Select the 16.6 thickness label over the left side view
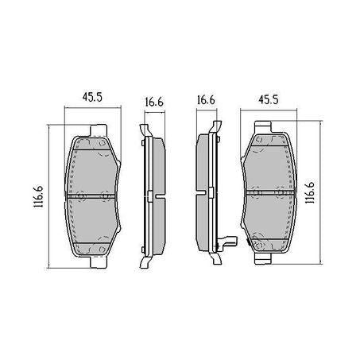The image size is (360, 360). [154, 102]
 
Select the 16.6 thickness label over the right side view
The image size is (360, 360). [206, 102]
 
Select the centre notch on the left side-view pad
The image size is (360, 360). [150, 193]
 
